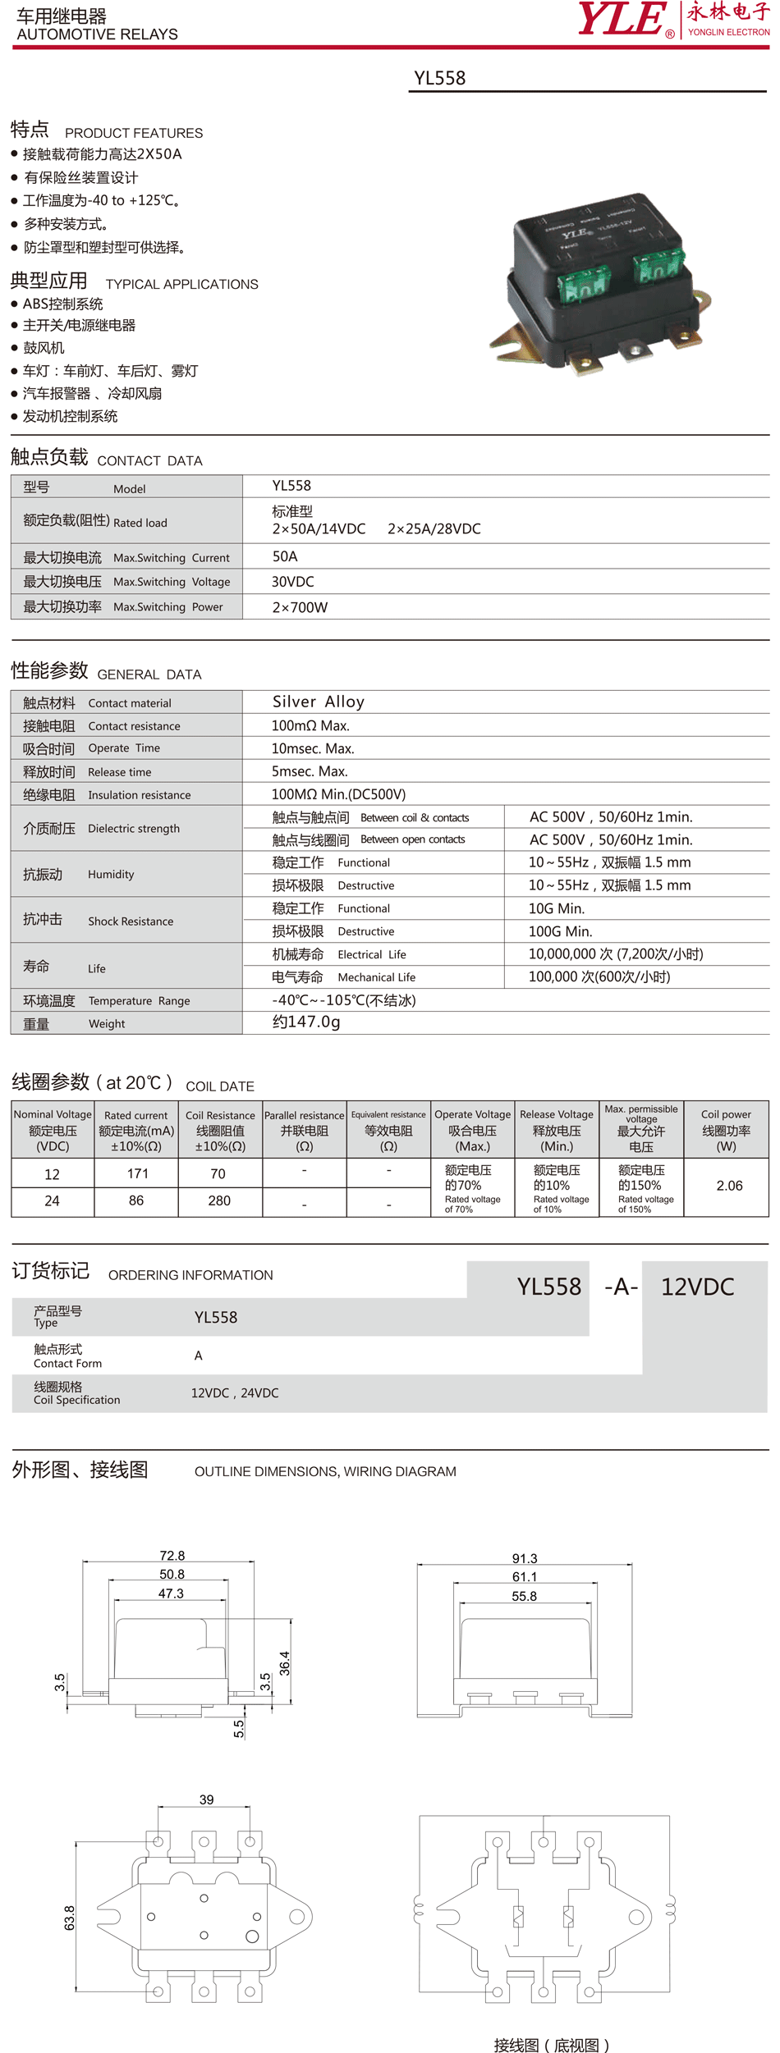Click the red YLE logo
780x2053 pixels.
(622, 19)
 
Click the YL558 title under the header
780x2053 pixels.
(439, 78)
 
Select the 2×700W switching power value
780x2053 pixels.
(300, 607)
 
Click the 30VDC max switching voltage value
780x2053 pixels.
(292, 582)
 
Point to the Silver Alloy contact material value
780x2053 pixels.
(318, 702)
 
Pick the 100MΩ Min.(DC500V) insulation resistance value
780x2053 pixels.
(338, 794)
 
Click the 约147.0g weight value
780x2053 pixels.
(305, 1022)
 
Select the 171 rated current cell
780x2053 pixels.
(137, 1174)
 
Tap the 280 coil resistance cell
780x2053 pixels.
(219, 1200)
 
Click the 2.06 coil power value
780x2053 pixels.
(729, 1186)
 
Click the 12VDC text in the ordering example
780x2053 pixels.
(697, 1287)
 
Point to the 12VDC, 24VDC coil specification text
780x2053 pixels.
(235, 1392)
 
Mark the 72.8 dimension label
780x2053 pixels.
(172, 1556)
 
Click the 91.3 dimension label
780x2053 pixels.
(524, 1558)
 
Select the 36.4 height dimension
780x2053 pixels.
(284, 1662)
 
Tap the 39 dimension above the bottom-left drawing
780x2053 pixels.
(206, 1799)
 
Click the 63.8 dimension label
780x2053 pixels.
(70, 1918)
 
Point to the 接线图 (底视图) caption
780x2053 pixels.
(551, 2038)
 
